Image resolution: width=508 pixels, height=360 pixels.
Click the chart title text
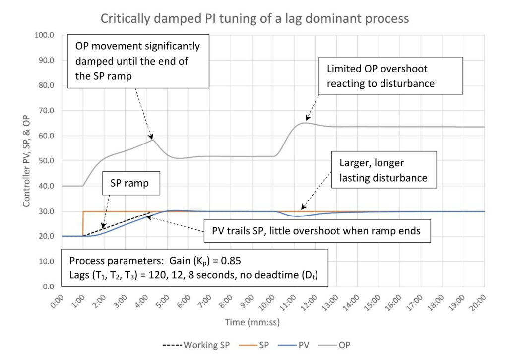(254, 18)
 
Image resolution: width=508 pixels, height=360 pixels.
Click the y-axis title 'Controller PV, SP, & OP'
(26, 160)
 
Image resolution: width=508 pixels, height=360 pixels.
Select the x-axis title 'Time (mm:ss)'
(253, 322)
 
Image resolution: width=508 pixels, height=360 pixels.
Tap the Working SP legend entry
(196, 345)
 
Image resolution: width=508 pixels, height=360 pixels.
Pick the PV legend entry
(294, 345)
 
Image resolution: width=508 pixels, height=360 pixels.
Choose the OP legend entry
(334, 345)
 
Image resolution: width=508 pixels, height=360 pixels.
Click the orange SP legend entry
(254, 345)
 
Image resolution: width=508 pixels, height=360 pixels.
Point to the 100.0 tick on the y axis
(44, 35)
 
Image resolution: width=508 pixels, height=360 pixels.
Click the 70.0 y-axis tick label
(46, 111)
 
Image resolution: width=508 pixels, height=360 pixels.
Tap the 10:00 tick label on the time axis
(267, 302)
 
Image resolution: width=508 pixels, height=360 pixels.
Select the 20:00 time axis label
(479, 302)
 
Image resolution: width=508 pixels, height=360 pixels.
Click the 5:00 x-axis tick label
(164, 302)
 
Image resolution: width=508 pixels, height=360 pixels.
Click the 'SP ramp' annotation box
(131, 183)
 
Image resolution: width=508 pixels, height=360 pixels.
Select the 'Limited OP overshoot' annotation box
(391, 75)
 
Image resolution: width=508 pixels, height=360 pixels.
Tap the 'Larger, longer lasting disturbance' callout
(384, 170)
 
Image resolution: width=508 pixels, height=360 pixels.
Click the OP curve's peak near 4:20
(153, 139)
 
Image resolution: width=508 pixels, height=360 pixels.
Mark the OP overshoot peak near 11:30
(306, 123)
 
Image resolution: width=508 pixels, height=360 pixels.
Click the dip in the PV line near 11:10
(296, 216)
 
